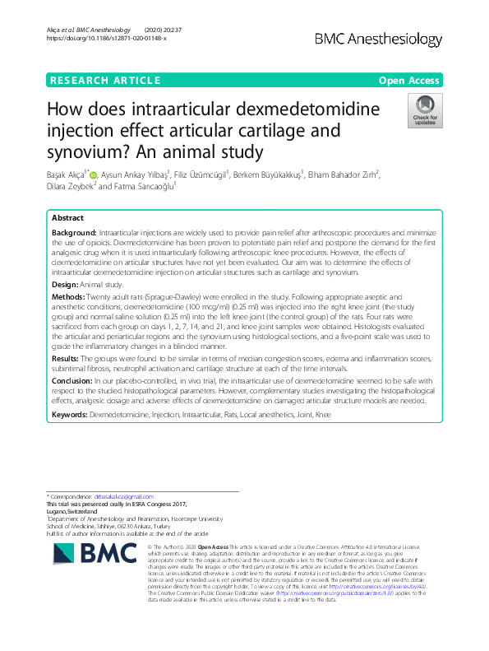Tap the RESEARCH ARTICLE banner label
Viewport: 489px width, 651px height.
pyautogui.click(x=104, y=81)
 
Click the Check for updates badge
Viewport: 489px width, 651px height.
pyautogui.click(x=426, y=112)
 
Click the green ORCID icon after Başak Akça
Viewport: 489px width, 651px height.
pyautogui.click(x=94, y=174)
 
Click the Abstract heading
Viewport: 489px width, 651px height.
pyautogui.click(x=67, y=219)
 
